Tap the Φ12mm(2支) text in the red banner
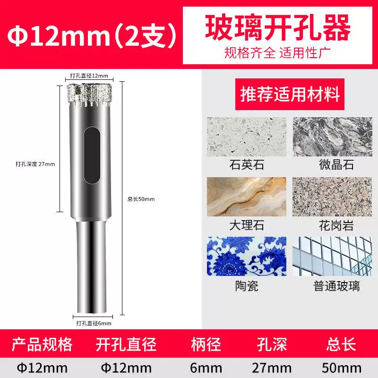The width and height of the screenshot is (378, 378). pos(92,35)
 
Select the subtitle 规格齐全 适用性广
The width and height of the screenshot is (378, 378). pos(277,53)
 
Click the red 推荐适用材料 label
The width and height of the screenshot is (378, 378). pos(290,94)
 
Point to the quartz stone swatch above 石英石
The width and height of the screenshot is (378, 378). pos(247,137)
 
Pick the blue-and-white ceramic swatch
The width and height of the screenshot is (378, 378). pos(247,256)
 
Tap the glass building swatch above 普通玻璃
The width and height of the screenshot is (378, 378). pos(332,256)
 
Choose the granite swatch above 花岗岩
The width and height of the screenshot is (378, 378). pos(332,197)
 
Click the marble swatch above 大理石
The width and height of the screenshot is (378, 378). pos(247,197)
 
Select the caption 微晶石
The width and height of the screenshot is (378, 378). pos(336,165)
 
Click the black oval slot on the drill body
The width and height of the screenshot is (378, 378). pos(92,155)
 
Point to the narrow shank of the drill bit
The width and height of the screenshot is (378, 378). pos(91,267)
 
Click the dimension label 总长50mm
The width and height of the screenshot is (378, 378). pos(141,199)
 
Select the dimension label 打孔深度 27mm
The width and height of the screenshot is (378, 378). pos(35,164)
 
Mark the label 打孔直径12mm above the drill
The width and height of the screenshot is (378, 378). pos(89,76)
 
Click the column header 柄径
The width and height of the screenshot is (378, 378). pos(206,344)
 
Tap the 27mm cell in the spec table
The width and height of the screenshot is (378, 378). pos(272,368)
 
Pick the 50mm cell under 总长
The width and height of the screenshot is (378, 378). pos(342,368)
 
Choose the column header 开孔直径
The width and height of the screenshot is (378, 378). pos(126,344)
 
